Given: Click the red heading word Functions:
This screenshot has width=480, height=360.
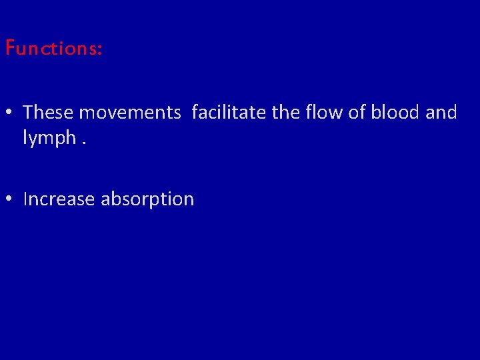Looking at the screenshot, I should (53, 49).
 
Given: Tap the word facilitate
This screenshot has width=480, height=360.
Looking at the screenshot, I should (229, 112).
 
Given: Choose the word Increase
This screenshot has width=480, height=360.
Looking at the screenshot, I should (59, 199).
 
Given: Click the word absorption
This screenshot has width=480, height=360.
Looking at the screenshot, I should (147, 199).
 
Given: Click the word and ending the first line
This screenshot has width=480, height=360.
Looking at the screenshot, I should (441, 112).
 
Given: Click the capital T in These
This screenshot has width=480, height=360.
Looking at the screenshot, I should (28, 112).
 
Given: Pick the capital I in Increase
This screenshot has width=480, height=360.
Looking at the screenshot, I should (25, 199).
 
